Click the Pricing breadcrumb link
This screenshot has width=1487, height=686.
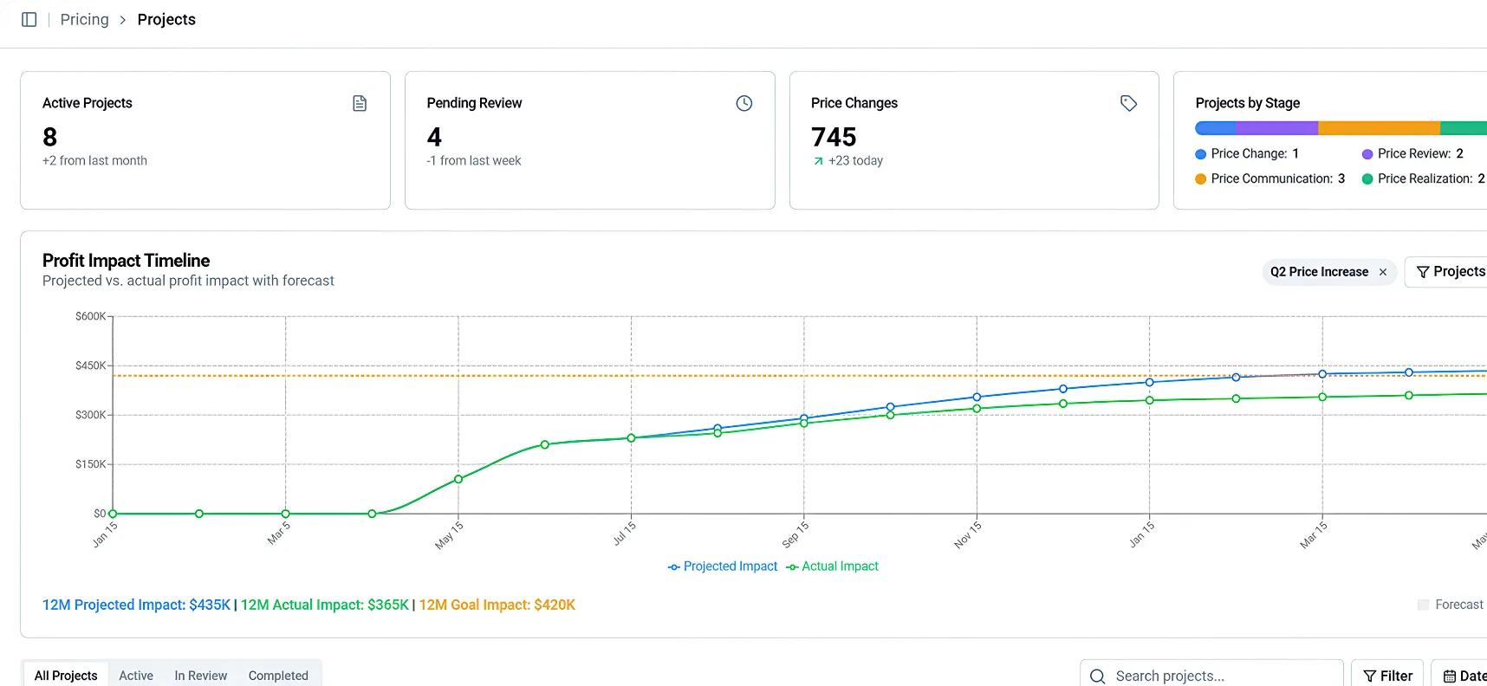pyautogui.click(x=84, y=19)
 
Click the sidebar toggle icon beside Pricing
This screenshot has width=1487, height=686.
pyautogui.click(x=29, y=19)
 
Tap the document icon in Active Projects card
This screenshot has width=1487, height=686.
pyautogui.click(x=360, y=103)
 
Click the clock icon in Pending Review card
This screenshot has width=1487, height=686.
pyautogui.click(x=744, y=103)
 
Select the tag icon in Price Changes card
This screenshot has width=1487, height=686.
pyautogui.click(x=1128, y=103)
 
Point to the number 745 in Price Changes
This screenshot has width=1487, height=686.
pyautogui.click(x=834, y=137)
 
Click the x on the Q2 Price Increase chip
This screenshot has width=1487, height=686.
pyautogui.click(x=1383, y=272)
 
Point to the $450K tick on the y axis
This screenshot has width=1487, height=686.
pyautogui.click(x=90, y=366)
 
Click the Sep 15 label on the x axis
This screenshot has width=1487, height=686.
pyautogui.click(x=795, y=534)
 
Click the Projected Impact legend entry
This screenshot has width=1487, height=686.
pyautogui.click(x=723, y=566)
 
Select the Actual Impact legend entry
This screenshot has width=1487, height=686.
pyautogui.click(x=832, y=566)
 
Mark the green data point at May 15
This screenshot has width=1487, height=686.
pyautogui.click(x=458, y=479)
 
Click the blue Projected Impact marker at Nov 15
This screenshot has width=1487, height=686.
pyautogui.click(x=977, y=398)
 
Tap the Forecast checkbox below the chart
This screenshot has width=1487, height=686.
pyautogui.click(x=1423, y=605)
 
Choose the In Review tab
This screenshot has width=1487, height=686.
pyautogui.click(x=201, y=676)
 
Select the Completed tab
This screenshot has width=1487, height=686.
pyautogui.click(x=278, y=676)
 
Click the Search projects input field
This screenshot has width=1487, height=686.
pyautogui.click(x=1211, y=676)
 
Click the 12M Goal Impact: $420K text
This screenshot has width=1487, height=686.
pyautogui.click(x=497, y=605)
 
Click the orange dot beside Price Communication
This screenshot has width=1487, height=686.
pyautogui.click(x=1200, y=179)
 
